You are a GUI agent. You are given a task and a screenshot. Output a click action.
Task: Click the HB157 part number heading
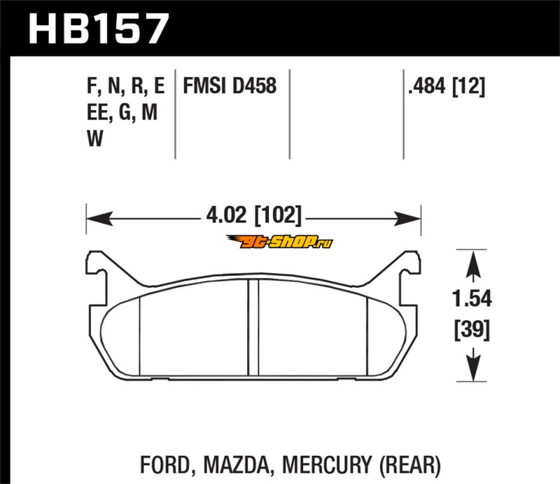[98, 29]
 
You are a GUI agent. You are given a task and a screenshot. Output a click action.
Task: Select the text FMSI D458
[230, 85]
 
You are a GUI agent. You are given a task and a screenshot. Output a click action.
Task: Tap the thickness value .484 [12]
[447, 86]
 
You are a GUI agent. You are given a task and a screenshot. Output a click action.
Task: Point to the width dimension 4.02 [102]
[254, 216]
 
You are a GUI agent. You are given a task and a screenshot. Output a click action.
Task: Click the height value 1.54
[472, 298]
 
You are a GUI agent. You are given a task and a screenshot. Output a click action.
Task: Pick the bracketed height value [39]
[472, 329]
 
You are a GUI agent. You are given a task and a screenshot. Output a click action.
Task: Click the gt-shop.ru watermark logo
[279, 242]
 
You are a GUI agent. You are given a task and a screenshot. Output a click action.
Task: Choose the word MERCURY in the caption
[326, 465]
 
